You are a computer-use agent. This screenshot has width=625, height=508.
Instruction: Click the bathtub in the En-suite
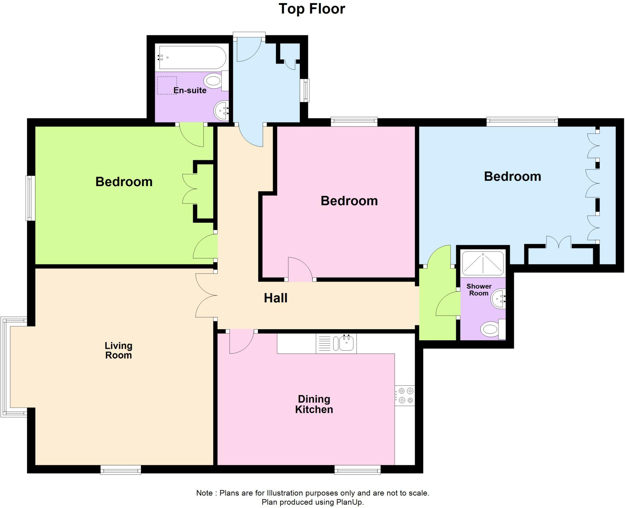click(192, 58)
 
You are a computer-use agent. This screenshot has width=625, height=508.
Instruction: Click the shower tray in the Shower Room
click(483, 263)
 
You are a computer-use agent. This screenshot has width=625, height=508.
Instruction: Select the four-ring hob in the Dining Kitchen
click(405, 395)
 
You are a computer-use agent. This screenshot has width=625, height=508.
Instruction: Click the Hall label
click(276, 298)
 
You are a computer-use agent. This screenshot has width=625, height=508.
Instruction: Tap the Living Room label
click(118, 350)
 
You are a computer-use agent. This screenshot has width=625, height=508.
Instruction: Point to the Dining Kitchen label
click(314, 404)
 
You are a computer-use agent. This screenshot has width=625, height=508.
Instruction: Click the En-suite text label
click(190, 90)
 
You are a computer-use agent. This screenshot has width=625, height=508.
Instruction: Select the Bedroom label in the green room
click(124, 182)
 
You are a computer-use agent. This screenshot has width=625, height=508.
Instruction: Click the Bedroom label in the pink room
click(349, 201)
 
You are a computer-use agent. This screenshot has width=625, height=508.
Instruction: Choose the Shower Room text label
click(479, 290)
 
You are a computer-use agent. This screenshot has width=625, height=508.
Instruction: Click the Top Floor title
click(312, 9)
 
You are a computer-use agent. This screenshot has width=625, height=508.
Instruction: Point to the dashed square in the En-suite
click(167, 85)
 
